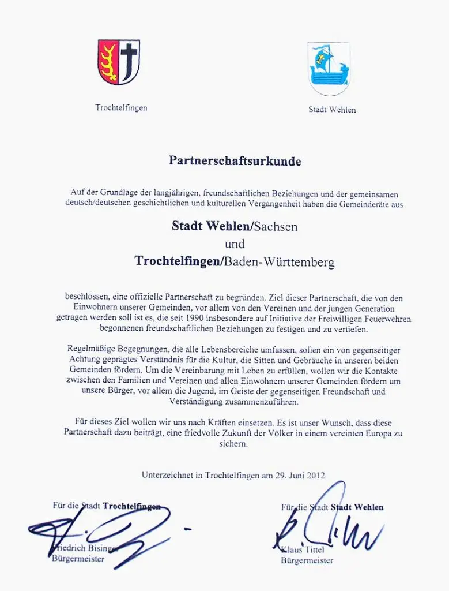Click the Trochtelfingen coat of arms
(119, 62)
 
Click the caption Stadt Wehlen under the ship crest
(332, 110)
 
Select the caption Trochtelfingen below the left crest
(121, 108)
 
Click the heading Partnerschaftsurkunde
(235, 161)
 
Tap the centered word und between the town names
(235, 244)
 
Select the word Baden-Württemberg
(279, 262)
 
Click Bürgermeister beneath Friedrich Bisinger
(78, 559)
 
